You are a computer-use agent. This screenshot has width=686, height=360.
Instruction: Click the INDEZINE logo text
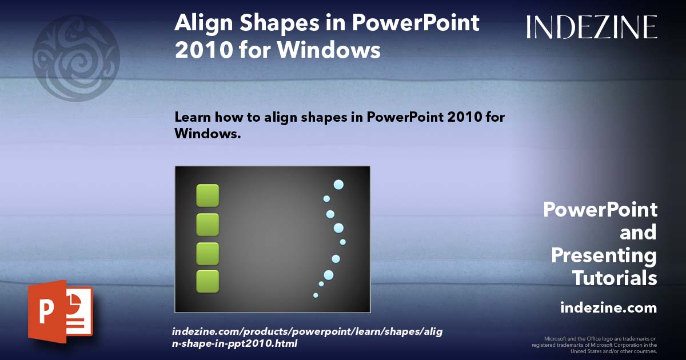click(592, 27)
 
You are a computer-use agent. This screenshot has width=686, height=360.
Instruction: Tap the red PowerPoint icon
click(60, 311)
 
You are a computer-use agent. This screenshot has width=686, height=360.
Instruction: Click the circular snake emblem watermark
click(76, 58)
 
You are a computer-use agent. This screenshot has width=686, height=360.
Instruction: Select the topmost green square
click(208, 195)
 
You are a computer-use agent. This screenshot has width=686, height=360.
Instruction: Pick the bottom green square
click(208, 282)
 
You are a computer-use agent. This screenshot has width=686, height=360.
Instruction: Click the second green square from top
click(208, 225)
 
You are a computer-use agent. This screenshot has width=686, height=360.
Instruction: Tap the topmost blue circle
click(338, 185)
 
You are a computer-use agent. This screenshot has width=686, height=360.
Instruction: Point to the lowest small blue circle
click(316, 295)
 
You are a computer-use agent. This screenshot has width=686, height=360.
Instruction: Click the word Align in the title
click(200, 24)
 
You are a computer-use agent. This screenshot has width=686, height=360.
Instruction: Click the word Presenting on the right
click(604, 255)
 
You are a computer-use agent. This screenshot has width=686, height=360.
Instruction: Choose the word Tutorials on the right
click(615, 278)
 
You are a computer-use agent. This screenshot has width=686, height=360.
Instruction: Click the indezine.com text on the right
click(608, 308)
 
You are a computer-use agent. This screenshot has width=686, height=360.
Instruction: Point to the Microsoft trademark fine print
click(594, 345)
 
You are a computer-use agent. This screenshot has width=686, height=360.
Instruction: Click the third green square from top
click(208, 253)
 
